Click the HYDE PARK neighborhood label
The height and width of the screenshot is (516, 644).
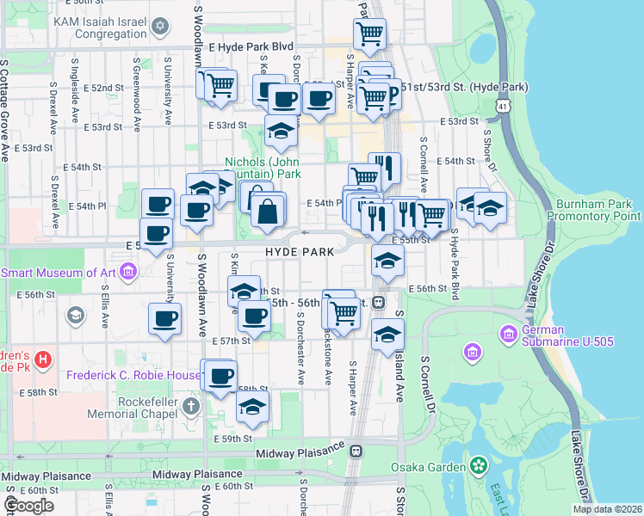pyautogui.click(x=292, y=254)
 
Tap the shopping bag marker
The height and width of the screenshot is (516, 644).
pyautogui.click(x=269, y=211)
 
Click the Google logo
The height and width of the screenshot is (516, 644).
pyautogui.click(x=28, y=506)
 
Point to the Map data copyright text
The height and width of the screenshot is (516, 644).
pyautogui.click(x=607, y=509)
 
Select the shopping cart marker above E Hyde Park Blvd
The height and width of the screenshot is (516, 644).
pyautogui.click(x=369, y=34)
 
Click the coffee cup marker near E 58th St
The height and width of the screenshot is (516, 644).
pyautogui.click(x=221, y=375)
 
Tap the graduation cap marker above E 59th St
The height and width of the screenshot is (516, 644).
pyautogui.click(x=252, y=407)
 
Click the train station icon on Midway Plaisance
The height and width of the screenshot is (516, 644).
pyautogui.click(x=355, y=450)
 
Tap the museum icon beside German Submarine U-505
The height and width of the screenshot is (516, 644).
pyautogui.click(x=471, y=352)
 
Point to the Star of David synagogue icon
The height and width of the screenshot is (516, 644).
pyautogui.click(x=158, y=27)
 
